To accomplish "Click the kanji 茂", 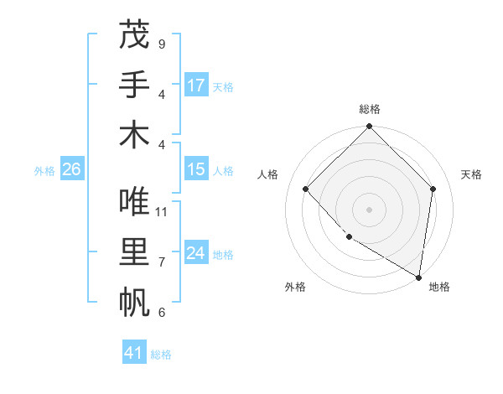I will coord(134,35).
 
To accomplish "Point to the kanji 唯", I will coord(134,202).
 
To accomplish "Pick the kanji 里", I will coord(134,253).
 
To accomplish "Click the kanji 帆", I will coord(134,303).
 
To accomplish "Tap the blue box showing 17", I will coord(196,86).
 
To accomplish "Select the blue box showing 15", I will coord(196,169).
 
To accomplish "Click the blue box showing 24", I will coord(196,253).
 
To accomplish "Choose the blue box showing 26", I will coord(72,169).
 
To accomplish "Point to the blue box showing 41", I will coord(134,353).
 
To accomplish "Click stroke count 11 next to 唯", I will coord(162,212).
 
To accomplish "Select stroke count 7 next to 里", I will coord(162,262).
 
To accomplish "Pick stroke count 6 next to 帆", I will coord(162,313).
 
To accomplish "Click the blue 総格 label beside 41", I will coord(161,355).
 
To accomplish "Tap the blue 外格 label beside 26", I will coord(44,171).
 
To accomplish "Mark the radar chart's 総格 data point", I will coord(369,127).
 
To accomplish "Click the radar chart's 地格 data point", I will coord(418,277).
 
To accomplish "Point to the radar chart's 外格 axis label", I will coord(295,287).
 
